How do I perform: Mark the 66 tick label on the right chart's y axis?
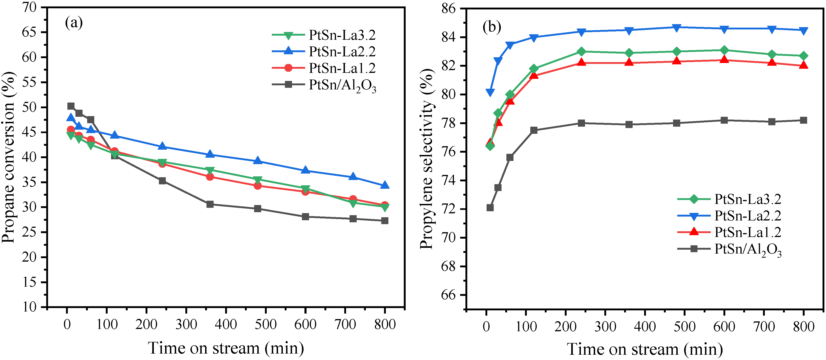[448, 295]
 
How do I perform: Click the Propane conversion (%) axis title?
[9, 157]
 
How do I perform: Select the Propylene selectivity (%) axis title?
[427, 159]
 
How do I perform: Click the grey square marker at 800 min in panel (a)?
[385, 220]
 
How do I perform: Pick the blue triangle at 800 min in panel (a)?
[385, 185]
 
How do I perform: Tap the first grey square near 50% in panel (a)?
[71, 106]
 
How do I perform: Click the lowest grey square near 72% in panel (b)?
[490, 208]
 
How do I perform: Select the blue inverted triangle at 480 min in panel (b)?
[677, 28]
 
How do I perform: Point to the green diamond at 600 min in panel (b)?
[724, 50]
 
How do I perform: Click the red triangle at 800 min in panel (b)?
[803, 65]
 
